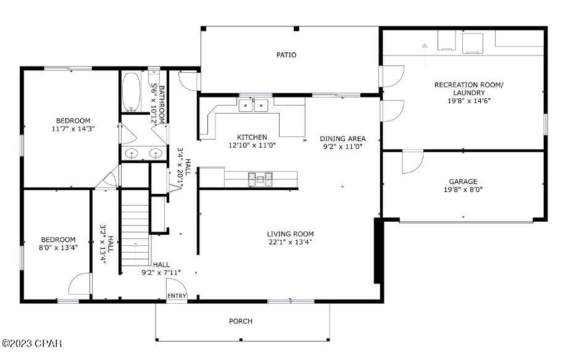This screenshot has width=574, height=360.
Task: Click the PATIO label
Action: [x=286, y=55]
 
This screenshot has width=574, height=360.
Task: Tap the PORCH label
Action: [x=241, y=321]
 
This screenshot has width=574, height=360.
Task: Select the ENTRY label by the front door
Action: [x=177, y=296]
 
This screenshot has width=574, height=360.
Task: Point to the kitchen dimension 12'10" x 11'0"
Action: [x=252, y=146]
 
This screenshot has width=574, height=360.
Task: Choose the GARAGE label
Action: [x=462, y=182]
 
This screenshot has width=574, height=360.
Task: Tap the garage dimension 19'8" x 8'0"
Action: [x=462, y=190]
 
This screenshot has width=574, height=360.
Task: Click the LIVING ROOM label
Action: [x=290, y=233]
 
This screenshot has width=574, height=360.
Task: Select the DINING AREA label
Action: [x=343, y=138]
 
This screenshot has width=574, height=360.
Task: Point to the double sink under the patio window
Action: [x=254, y=106]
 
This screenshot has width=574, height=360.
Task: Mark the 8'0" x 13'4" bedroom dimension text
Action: [x=58, y=249]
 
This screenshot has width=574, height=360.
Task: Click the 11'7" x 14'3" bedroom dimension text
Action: [x=73, y=129]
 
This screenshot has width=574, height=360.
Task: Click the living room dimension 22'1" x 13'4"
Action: [x=290, y=242]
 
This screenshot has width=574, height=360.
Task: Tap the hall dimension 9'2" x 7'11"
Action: [x=161, y=272]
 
